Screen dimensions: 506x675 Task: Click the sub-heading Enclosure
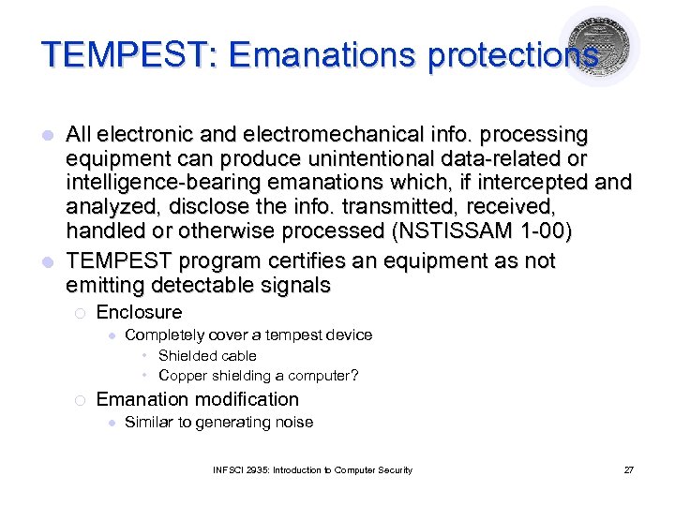pos(139,312)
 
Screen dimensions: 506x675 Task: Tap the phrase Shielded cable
pos(207,356)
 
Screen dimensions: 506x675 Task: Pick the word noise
pos(293,423)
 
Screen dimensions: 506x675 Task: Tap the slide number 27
pos(628,469)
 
